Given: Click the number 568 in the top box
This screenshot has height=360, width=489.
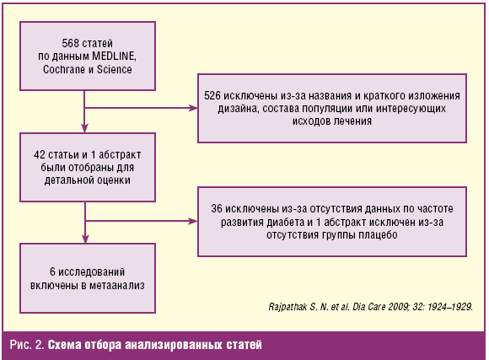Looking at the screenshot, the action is coord(69,43).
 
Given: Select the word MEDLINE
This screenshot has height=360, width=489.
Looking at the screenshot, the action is coord(114,56).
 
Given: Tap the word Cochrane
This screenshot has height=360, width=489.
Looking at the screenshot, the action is coord(63,69).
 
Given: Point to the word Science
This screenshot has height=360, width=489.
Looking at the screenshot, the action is coord(114,69).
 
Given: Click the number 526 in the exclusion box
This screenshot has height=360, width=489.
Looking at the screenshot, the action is coord(212,95).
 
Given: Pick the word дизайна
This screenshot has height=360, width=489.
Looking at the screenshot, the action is coord(239,109).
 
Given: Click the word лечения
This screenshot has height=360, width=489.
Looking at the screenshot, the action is coord(352,121).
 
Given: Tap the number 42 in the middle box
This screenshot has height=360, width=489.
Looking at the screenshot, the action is coord(40,154).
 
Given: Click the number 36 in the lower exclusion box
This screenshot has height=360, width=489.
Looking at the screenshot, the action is coord(217,208).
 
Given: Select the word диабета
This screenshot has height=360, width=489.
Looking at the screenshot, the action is coord(286,222).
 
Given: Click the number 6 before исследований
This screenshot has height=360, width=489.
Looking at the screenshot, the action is coord(53,271).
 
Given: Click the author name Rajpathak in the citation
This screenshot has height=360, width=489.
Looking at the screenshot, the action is coord(287,307).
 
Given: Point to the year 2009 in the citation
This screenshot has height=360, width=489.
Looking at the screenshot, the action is coord(398,307).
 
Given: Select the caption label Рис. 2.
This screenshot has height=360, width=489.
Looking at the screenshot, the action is coord(27,345).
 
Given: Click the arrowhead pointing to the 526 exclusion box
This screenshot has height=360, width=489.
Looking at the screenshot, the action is coord(193,108).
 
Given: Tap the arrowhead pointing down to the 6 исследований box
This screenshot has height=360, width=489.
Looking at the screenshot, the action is coord(85,239).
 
